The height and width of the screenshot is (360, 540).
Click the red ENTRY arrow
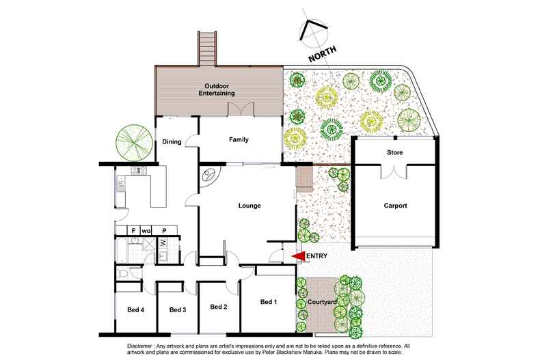point(299,256)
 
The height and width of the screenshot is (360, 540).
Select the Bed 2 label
point(218,306)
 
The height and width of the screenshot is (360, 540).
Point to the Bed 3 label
point(178,309)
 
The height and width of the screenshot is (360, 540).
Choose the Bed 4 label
point(135,309)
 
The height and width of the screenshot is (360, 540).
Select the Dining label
point(172,142)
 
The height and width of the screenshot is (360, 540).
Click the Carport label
point(395,206)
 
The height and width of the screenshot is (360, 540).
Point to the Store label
point(394,153)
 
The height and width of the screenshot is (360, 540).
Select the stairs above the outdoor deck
point(207,47)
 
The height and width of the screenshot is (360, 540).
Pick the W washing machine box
point(163,241)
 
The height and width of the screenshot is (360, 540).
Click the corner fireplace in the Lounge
point(208,176)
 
